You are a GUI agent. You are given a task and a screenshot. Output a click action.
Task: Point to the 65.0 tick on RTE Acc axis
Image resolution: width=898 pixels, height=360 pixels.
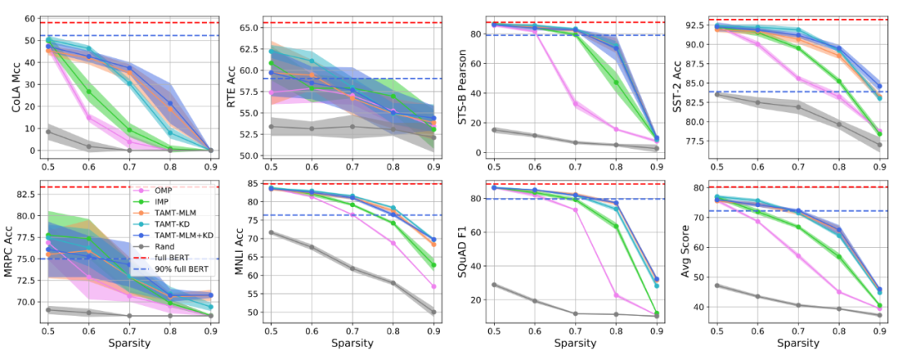247,27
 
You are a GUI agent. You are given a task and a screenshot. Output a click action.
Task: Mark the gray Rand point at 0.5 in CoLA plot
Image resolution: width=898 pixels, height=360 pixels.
48,132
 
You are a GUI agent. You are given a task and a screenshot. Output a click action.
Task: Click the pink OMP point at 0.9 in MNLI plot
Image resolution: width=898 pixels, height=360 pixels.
434,287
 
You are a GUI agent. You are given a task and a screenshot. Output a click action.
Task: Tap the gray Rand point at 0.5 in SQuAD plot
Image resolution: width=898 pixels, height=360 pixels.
494,284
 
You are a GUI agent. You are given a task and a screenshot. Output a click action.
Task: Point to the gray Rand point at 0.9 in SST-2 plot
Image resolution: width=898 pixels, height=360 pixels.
880,145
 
